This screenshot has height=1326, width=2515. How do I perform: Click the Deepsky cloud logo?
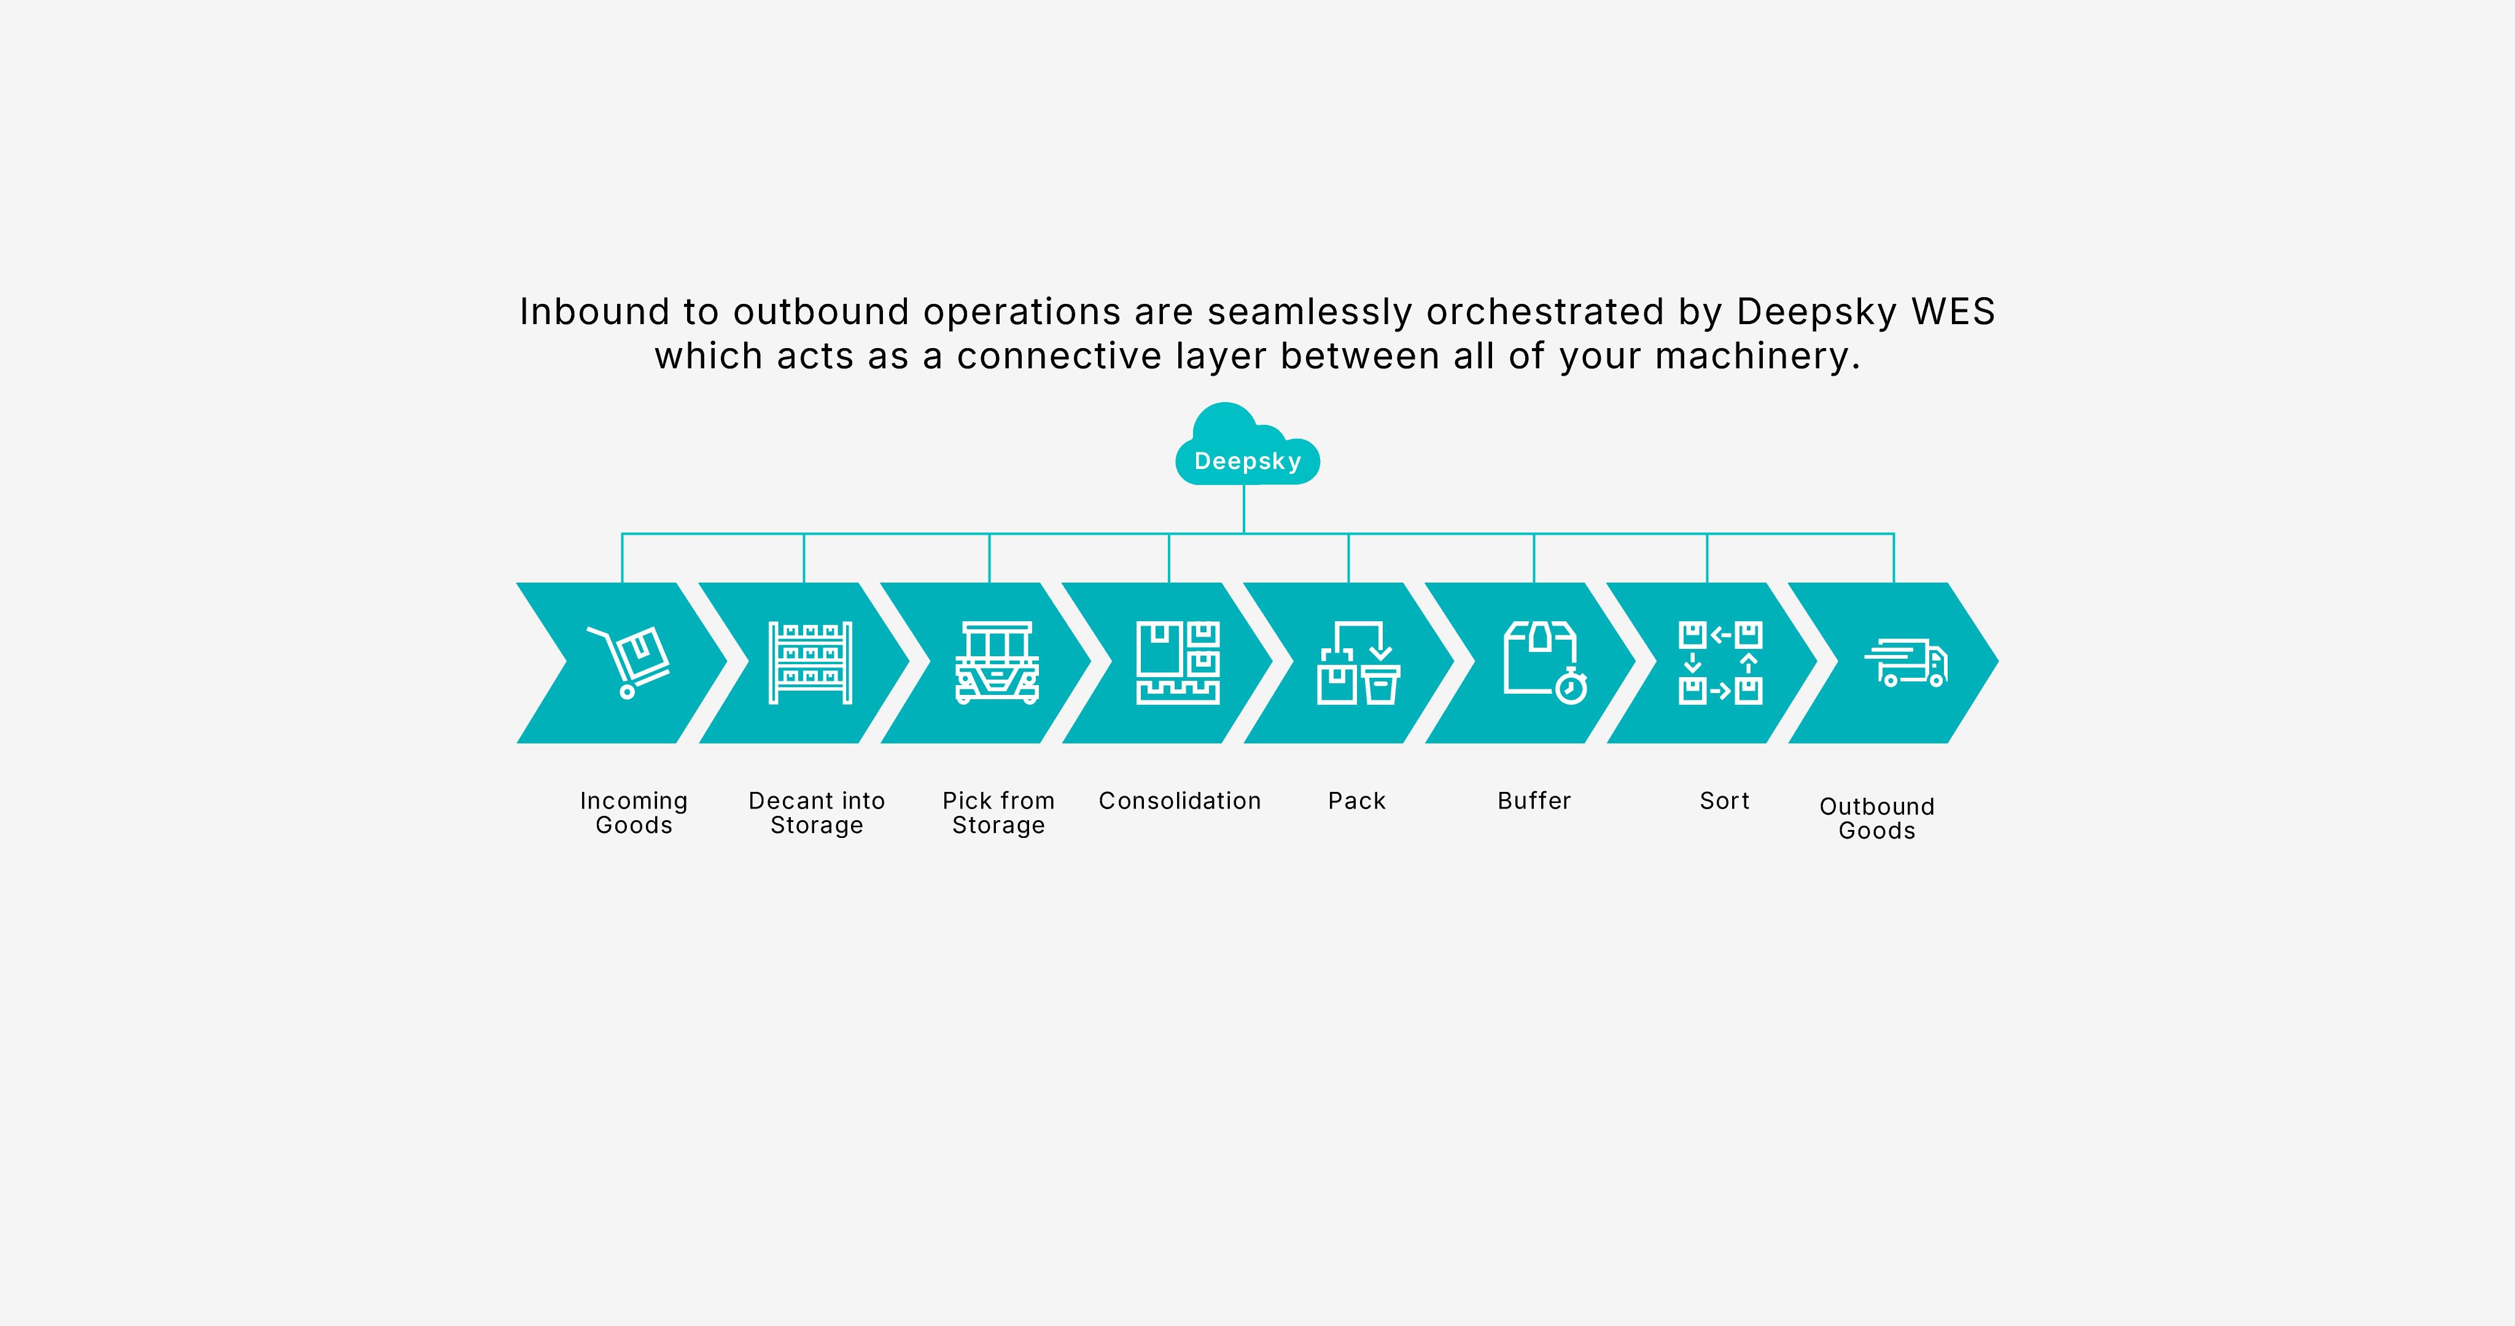1248,445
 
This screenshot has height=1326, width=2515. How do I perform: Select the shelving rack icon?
810,662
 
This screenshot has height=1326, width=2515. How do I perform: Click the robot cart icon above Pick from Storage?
997,662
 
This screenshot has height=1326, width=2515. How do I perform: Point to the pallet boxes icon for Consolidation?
1178,662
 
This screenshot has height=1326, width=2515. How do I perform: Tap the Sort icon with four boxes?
1720,662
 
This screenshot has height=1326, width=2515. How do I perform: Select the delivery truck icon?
1906,663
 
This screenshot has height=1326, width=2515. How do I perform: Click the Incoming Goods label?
634,812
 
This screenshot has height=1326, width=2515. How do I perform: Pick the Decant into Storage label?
816,812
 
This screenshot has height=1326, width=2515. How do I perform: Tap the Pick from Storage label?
998,812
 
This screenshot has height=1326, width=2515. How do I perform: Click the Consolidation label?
1180,801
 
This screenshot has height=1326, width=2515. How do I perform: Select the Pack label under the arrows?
1357,801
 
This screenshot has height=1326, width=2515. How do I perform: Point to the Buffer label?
1534,801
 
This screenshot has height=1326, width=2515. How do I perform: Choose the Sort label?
1724,801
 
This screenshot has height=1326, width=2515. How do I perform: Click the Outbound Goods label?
1876,818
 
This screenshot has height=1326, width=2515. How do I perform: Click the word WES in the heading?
1954,311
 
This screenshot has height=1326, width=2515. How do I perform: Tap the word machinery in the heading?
1757,357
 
